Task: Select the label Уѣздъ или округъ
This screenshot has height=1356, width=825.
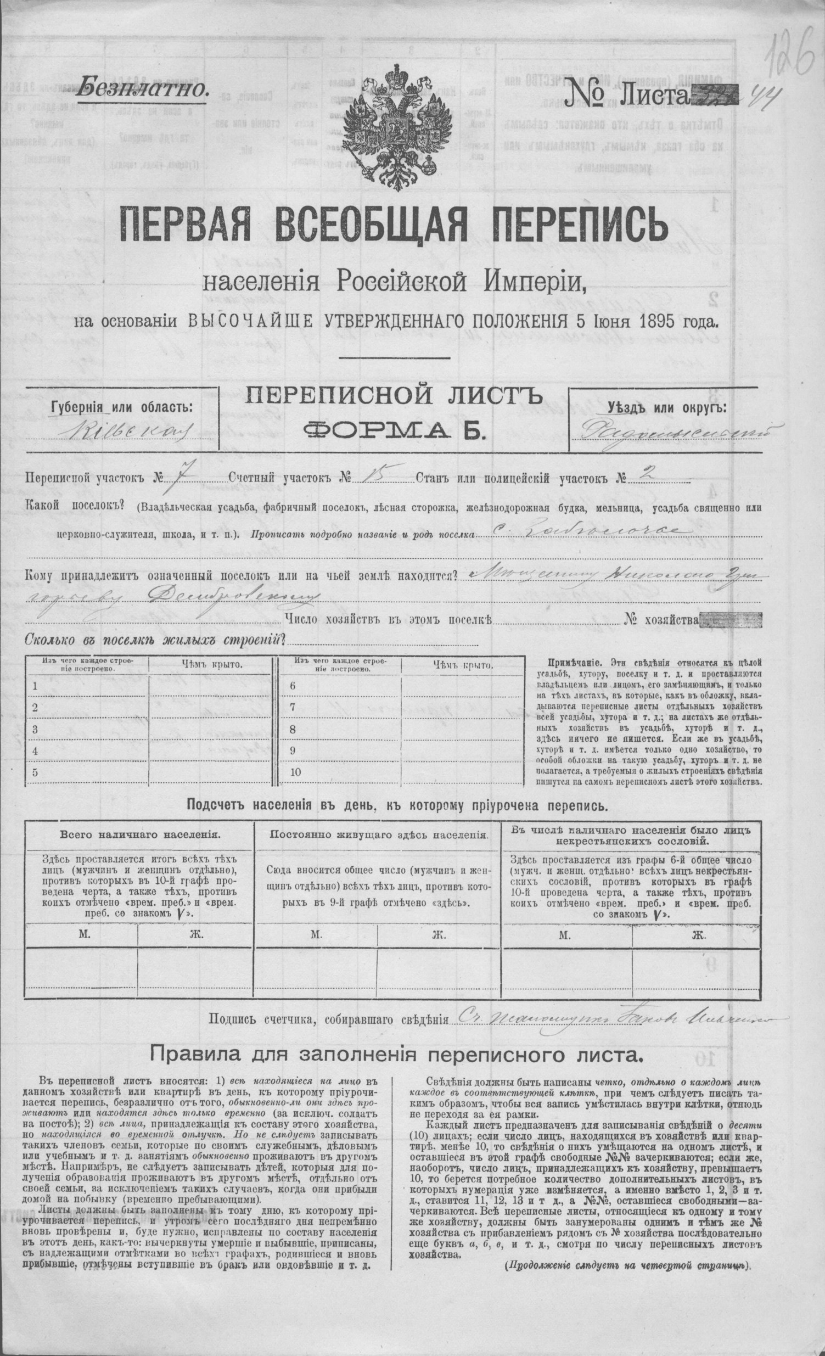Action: (x=666, y=408)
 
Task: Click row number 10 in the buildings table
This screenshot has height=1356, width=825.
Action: (x=296, y=772)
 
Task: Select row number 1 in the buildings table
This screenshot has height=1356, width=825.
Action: (x=35, y=686)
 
